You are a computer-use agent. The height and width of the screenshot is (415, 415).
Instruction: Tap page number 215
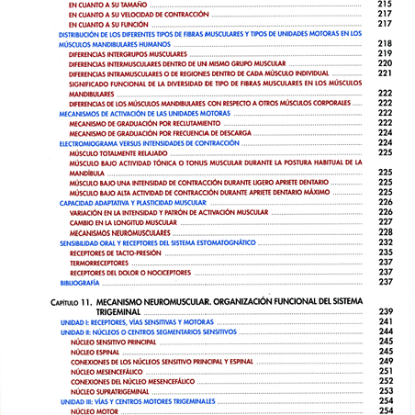click(385, 5)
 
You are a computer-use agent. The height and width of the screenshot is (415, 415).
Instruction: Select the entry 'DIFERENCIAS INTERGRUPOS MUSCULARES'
click(128, 54)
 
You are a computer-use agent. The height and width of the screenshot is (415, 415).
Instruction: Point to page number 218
click(385, 44)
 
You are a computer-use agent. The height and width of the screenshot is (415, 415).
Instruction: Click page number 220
click(385, 63)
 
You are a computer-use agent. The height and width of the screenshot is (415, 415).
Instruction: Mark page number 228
click(385, 232)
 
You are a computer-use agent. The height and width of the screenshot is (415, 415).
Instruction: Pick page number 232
click(385, 242)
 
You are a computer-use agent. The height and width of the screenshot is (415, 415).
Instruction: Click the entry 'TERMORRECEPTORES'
click(100, 262)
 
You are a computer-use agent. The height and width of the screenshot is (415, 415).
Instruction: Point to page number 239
click(385, 311)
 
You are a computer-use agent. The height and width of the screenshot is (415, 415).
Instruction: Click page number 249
click(385, 361)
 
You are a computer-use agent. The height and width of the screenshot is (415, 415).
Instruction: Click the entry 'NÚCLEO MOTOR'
click(95, 410)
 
